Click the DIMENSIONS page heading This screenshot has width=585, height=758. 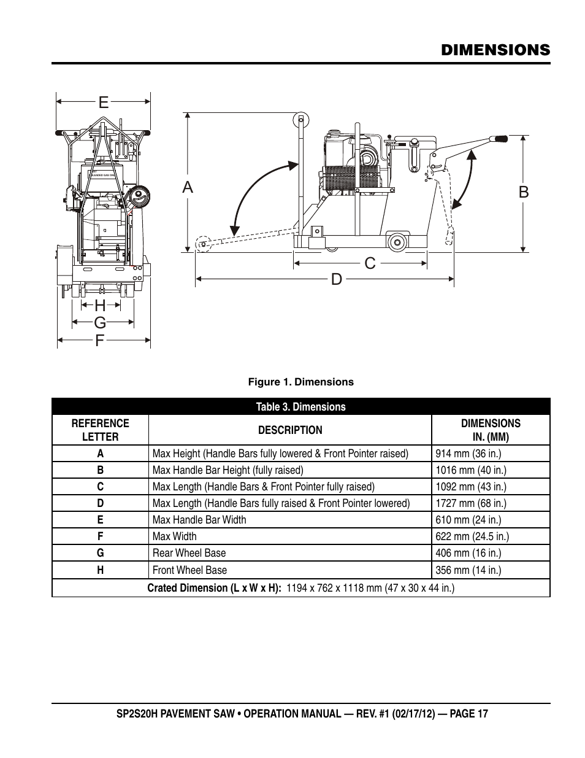click(495, 50)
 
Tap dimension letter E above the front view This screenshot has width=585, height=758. click(104, 102)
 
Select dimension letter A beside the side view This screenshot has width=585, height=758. click(188, 187)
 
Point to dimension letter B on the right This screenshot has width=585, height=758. click(524, 192)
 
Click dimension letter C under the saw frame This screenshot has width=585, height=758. click(370, 263)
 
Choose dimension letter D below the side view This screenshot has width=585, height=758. click(337, 279)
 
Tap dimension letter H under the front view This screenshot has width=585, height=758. click(101, 306)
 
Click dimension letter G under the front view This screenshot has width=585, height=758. click(101, 323)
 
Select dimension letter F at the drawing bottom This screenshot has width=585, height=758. click(100, 340)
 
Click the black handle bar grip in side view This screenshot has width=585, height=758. click(499, 139)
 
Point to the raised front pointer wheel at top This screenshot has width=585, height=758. click(301, 120)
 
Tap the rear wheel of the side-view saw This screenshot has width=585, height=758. click(397, 242)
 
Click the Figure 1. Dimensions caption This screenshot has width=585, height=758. click(300, 382)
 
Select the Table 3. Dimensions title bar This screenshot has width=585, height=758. click(300, 407)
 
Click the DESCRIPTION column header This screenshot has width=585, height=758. click(290, 430)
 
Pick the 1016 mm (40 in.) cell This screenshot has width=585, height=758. click(491, 470)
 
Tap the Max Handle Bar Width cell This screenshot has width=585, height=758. click(290, 520)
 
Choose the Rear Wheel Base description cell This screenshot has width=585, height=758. click(290, 553)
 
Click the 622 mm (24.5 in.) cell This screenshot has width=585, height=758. click(491, 536)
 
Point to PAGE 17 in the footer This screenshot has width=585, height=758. click(468, 714)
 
